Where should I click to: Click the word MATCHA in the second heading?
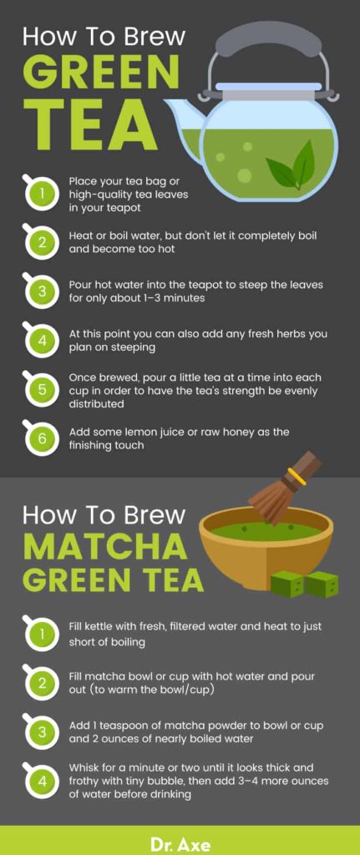click(x=104, y=546)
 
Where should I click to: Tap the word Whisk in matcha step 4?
click(x=87, y=767)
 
